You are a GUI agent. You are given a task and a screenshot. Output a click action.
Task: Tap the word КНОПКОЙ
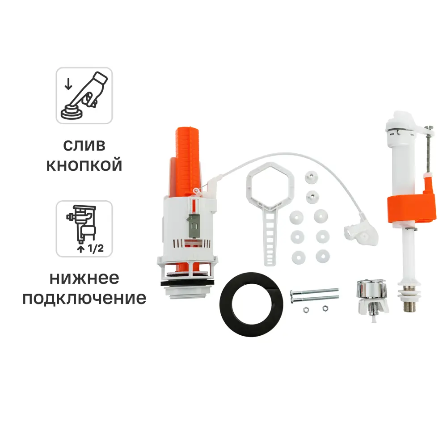(84, 166)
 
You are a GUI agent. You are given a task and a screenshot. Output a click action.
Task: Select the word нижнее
(84, 278)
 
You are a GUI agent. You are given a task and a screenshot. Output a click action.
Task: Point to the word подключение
(84, 298)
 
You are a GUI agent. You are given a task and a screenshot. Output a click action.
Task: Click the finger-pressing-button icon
(84, 95)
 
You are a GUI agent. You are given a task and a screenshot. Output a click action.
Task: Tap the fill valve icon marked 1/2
(84, 228)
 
